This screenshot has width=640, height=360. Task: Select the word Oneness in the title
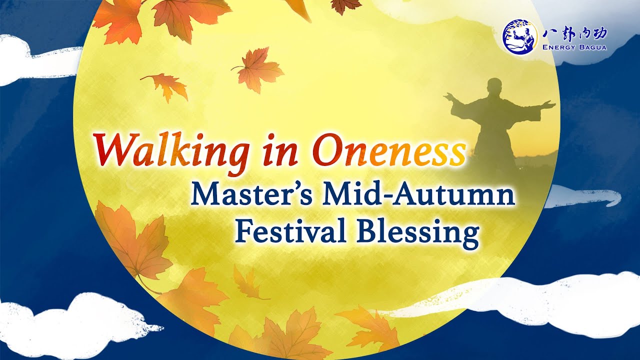point(388,149)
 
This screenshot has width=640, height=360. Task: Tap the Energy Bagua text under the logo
point(575,47)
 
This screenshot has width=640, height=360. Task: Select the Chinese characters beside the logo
point(575,33)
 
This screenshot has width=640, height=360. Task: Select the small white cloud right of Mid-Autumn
point(582,196)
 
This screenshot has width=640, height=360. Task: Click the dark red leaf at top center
point(345,5)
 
